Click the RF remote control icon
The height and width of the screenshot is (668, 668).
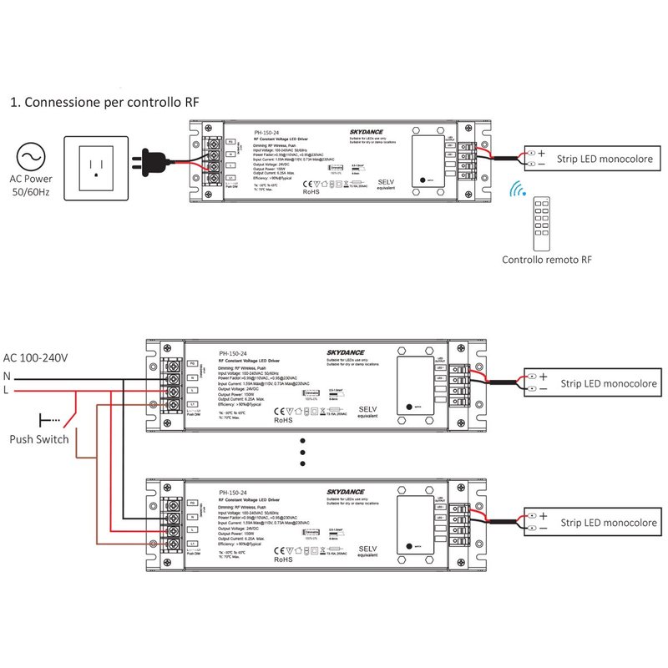[544, 221]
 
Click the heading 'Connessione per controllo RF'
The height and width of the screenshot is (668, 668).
[105, 103]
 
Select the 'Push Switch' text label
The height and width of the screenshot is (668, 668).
[39, 439]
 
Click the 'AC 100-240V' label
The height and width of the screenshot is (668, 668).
[36, 357]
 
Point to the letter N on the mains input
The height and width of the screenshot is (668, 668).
[7, 375]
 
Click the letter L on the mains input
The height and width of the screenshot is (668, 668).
[7, 390]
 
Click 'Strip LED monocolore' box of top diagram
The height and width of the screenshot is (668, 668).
[591, 158]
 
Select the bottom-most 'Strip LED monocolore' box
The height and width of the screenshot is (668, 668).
[591, 523]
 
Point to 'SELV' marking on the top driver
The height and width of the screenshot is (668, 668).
[386, 181]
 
